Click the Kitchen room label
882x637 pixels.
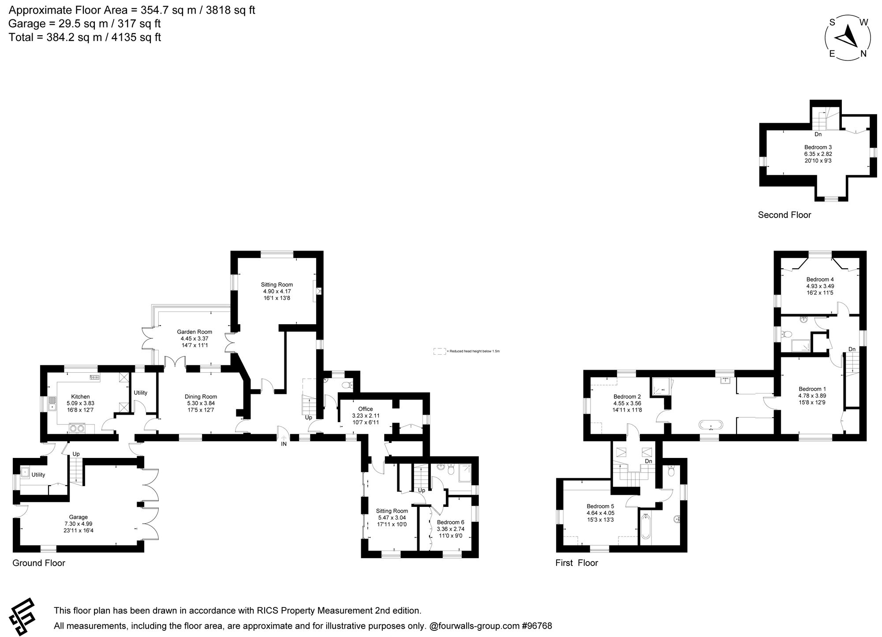click(80, 397)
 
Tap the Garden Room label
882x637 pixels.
click(194, 332)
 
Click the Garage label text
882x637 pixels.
click(78, 517)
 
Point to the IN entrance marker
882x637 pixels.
click(284, 444)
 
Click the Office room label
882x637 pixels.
click(365, 409)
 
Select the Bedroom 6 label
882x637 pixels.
click(450, 522)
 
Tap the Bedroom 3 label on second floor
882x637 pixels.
click(818, 147)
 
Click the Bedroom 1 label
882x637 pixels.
click(812, 389)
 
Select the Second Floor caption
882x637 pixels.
click(784, 215)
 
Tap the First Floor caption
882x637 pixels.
click(576, 563)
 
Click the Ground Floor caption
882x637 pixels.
click(39, 563)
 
